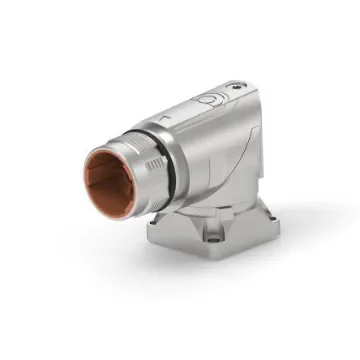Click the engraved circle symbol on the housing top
pos(211,99)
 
